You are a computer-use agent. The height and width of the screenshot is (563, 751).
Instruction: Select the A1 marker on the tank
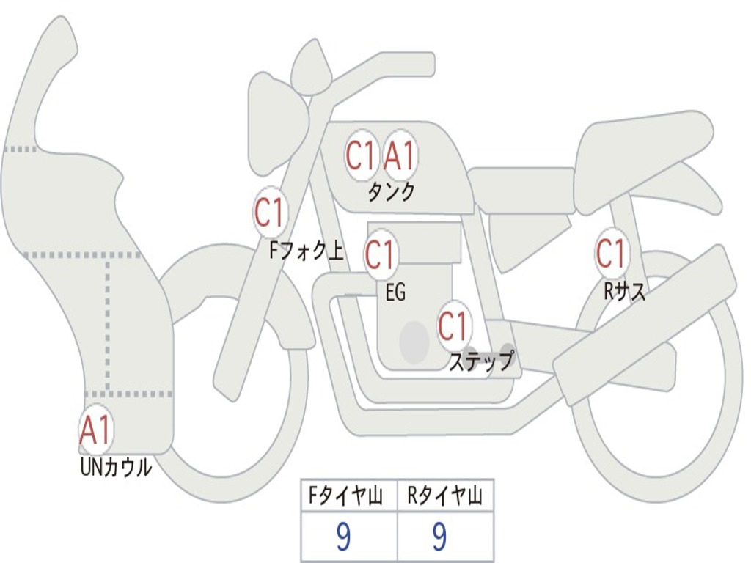[x=400, y=155]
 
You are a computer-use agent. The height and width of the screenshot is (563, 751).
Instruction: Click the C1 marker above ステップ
[x=453, y=326]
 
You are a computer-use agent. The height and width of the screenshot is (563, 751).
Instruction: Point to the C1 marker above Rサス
[x=611, y=254]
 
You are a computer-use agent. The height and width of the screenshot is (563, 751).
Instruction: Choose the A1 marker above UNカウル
[x=95, y=430]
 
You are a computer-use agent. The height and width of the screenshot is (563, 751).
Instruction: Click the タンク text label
[x=391, y=192]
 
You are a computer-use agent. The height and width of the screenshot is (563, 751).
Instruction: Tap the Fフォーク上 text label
[x=306, y=252]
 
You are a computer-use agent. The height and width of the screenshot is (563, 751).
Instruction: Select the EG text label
[x=395, y=293]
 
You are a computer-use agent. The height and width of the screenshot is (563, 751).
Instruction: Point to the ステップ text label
[x=481, y=361]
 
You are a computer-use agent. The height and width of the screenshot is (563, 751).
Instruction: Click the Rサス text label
[x=625, y=292]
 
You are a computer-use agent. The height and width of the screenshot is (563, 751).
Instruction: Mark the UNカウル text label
[x=116, y=467]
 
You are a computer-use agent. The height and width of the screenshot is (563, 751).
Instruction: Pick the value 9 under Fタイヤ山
[x=342, y=537]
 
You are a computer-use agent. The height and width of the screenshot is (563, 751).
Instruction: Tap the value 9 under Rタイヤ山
[x=439, y=537]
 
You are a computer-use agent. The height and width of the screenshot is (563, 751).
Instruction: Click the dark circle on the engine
[x=414, y=342]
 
